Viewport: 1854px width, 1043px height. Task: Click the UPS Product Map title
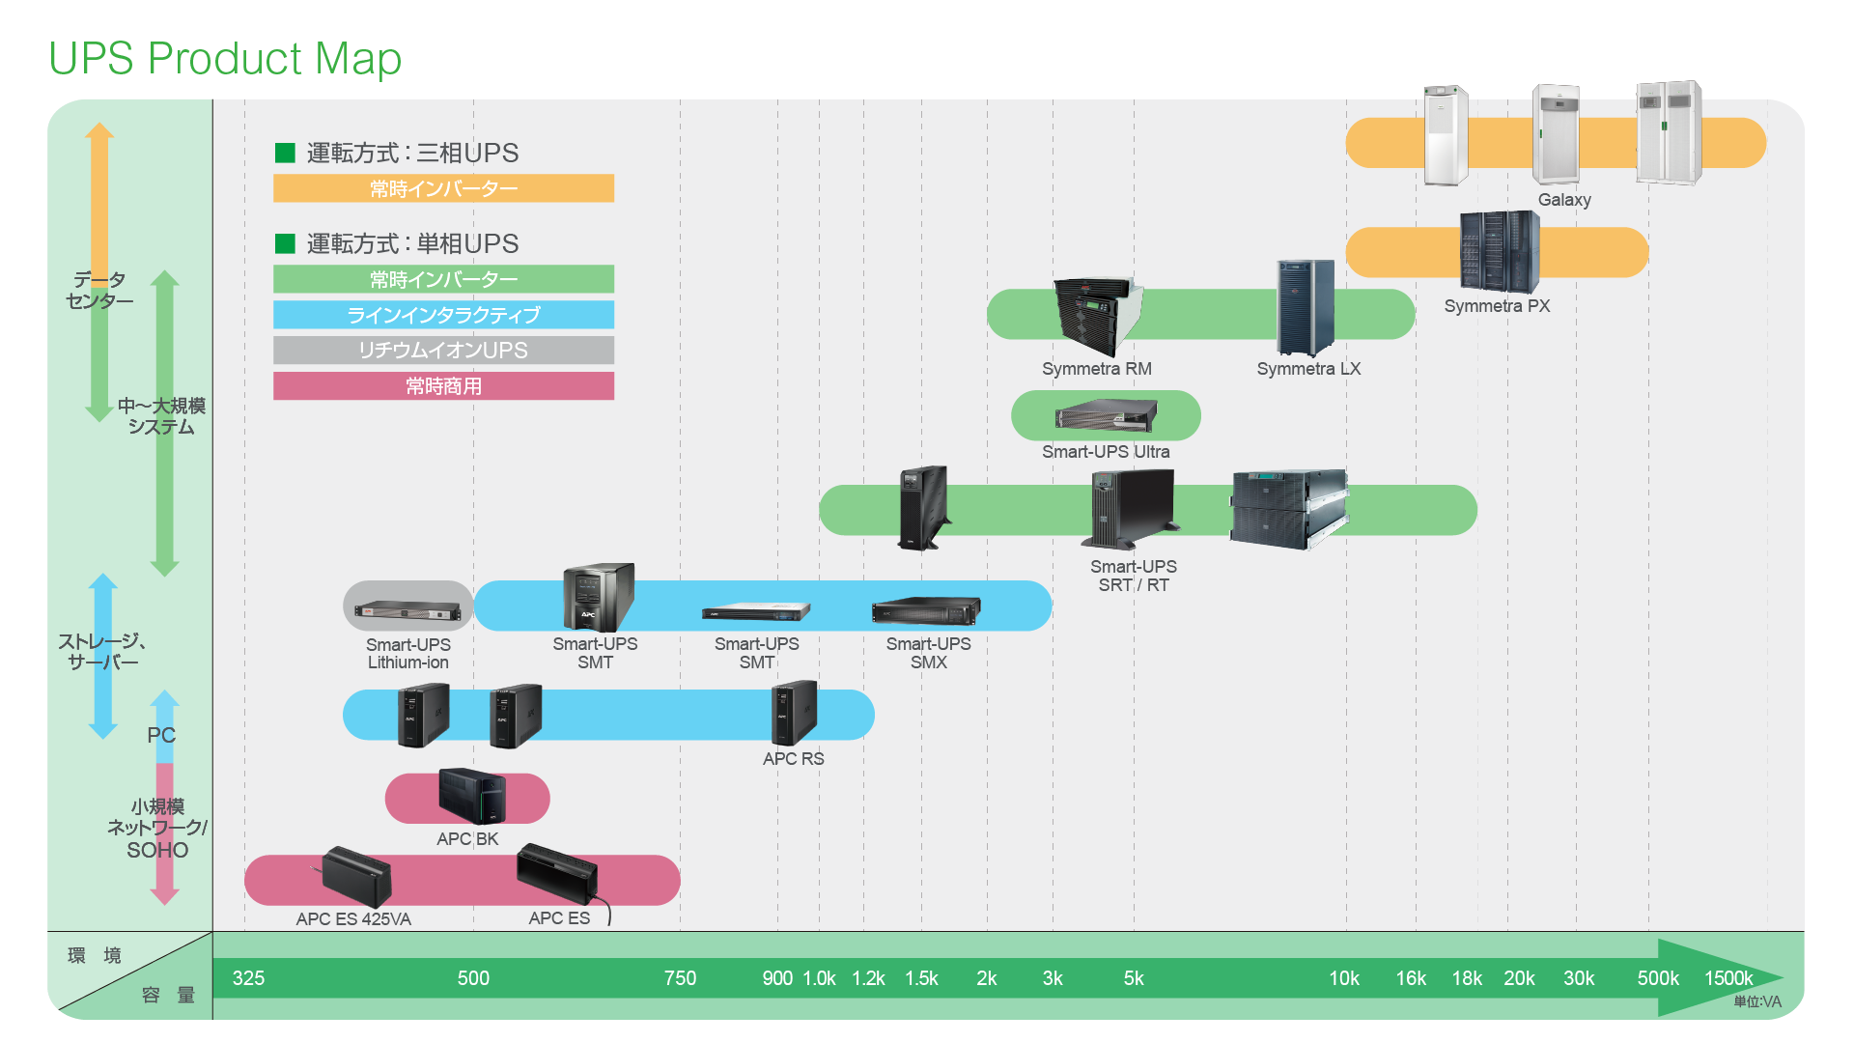225,59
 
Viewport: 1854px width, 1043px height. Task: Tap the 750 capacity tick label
680,978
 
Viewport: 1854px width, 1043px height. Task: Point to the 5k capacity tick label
1134,978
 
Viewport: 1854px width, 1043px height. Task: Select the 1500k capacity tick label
1728,978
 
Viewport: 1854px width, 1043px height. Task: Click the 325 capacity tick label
248,978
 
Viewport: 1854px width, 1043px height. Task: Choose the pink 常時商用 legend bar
443,386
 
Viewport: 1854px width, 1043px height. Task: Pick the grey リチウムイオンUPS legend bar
443,351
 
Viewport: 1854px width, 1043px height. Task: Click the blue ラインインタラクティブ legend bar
443,315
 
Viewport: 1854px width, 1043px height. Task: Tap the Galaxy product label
1564,200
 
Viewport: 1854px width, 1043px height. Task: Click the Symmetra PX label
1497,306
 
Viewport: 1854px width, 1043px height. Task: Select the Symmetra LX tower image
1306,307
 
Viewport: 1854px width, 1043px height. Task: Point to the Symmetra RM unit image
1098,315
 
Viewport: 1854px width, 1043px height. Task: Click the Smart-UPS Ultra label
1106,452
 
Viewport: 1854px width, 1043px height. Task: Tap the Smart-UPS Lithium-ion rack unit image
407,609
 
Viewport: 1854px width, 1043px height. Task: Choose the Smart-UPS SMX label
928,653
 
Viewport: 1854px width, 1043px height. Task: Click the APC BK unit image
471,797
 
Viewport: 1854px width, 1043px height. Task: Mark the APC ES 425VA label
353,919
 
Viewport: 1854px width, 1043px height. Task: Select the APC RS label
793,759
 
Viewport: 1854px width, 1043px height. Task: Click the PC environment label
161,736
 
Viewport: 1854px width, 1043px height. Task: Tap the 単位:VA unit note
1756,1002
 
